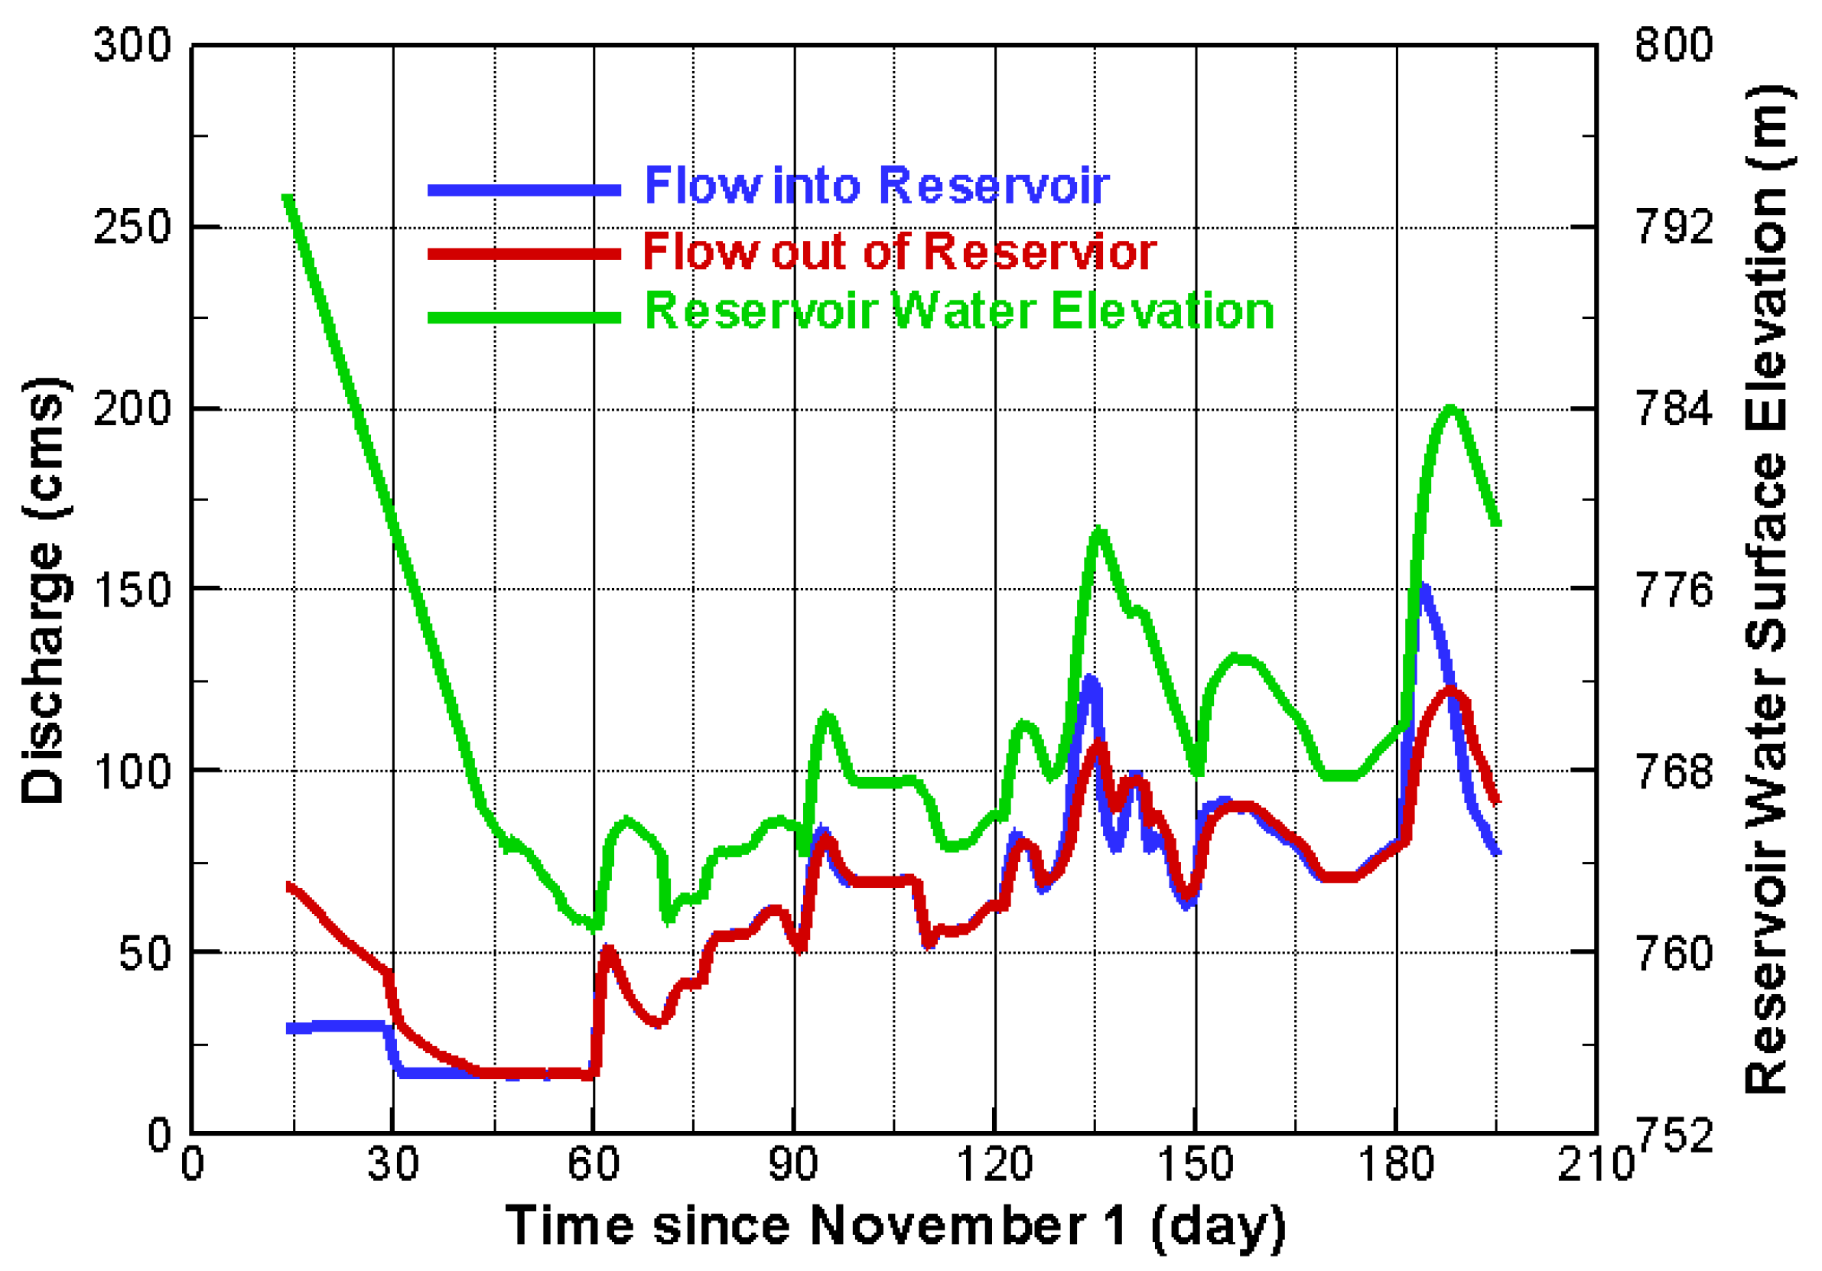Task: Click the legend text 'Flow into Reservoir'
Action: pos(876,187)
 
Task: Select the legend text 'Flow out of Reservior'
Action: pos(899,252)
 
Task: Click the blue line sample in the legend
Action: pos(524,190)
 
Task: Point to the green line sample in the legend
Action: pos(524,317)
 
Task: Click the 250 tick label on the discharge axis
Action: pos(132,228)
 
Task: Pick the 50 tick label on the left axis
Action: pos(145,953)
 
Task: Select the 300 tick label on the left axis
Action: pos(132,44)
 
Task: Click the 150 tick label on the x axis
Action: pos(1195,1165)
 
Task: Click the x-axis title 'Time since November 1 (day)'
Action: pos(895,1226)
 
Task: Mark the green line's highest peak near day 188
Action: pos(1450,409)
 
